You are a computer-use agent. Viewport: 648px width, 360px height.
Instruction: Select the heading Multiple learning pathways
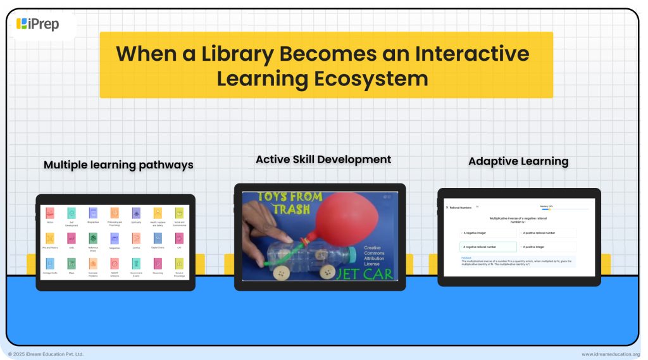pyautogui.click(x=118, y=165)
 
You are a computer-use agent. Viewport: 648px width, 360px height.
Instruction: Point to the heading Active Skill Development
pyautogui.click(x=323, y=159)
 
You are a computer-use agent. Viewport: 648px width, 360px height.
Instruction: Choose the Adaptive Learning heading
pyautogui.click(x=518, y=161)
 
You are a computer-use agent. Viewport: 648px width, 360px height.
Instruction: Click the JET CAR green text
pyautogui.click(x=364, y=273)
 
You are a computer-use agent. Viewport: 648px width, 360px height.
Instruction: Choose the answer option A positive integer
pyautogui.click(x=547, y=247)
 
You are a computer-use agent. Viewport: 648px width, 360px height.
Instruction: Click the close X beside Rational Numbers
pyautogui.click(x=447, y=208)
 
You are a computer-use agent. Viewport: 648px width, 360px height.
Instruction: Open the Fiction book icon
pyautogui.click(x=50, y=214)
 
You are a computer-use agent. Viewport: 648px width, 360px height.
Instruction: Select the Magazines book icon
pyautogui.click(x=115, y=239)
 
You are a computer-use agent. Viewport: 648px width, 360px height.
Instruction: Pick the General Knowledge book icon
pyautogui.click(x=178, y=263)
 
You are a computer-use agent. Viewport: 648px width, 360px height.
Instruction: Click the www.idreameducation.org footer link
pyautogui.click(x=610, y=354)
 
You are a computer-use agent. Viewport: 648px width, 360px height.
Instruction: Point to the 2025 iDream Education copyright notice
pyautogui.click(x=46, y=354)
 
